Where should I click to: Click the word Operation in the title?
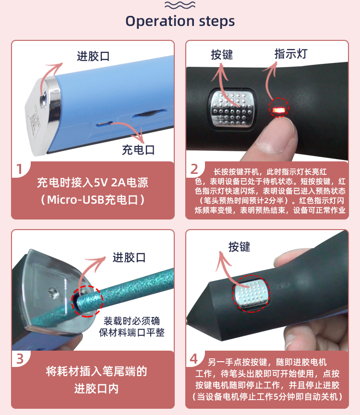(160, 22)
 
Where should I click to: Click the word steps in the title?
(217, 21)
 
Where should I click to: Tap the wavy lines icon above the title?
(180, 5)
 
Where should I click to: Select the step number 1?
(19, 169)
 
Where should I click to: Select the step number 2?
(194, 169)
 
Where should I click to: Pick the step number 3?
(20, 359)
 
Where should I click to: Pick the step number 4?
(194, 359)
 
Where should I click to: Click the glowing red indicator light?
(279, 109)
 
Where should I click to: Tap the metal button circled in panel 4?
(252, 293)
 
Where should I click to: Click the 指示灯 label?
(291, 54)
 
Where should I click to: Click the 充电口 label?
(138, 150)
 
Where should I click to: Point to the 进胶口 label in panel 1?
(93, 56)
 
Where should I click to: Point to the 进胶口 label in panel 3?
(129, 257)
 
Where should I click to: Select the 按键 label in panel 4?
(240, 247)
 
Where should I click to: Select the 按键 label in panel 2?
(222, 55)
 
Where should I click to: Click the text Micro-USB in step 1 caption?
(75, 200)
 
